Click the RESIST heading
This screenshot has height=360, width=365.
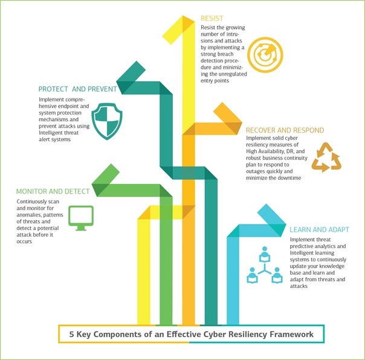click(212, 18)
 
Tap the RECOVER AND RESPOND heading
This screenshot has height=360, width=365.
click(284, 130)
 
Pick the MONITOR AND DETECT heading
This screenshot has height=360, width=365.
click(53, 191)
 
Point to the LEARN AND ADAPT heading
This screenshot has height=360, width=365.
click(319, 230)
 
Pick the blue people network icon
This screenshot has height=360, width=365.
click(264, 267)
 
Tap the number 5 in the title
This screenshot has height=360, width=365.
click(71, 334)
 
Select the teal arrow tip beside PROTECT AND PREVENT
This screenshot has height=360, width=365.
click(126, 76)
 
